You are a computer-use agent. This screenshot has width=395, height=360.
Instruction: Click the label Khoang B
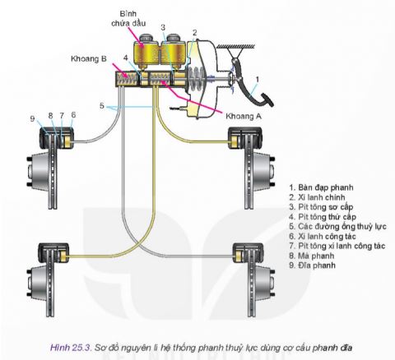point(87,60)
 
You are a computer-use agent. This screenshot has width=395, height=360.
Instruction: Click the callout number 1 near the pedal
point(257,80)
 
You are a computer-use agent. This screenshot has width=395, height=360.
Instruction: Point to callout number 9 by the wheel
point(33,118)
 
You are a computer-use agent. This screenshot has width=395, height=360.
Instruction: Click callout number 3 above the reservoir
point(162,26)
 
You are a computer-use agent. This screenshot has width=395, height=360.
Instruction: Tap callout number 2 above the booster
point(194,32)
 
